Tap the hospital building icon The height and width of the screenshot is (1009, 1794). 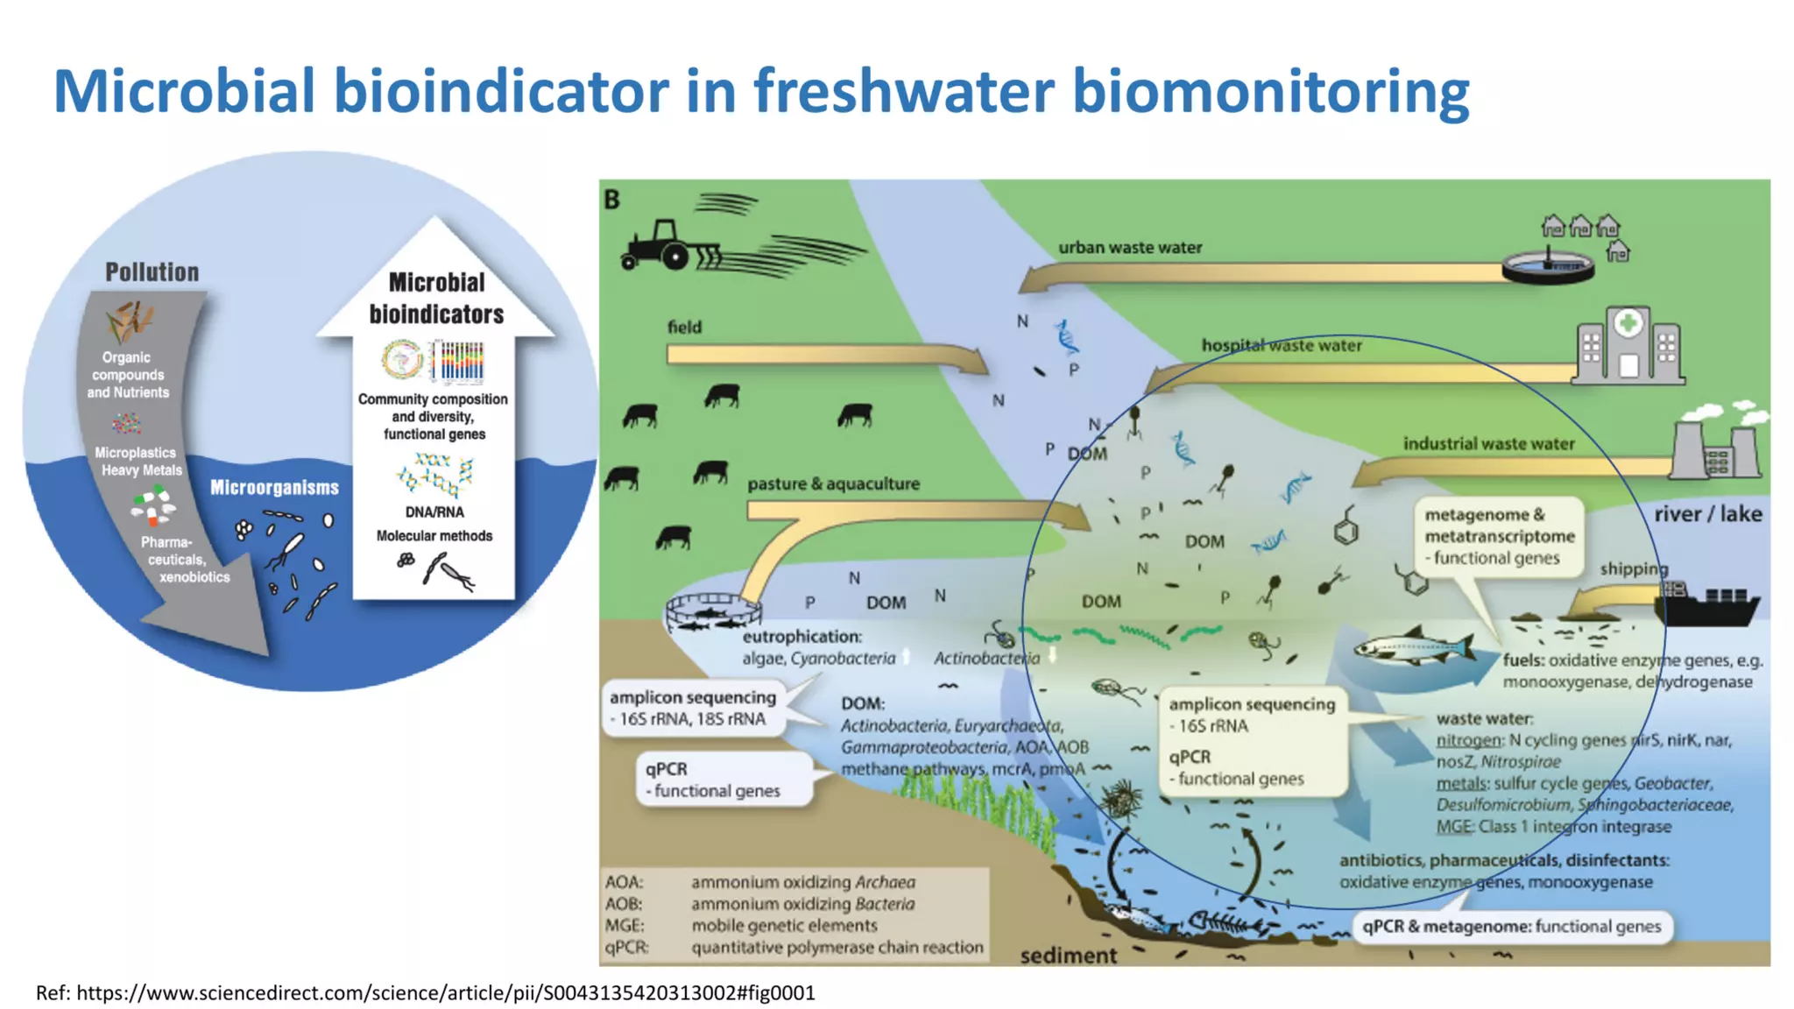pos(1628,347)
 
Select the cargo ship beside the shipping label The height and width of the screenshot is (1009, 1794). pos(1708,604)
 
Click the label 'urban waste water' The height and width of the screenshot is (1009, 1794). pos(1129,248)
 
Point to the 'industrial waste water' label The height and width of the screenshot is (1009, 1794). pos(1488,444)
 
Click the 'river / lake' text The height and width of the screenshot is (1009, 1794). pos(1707,514)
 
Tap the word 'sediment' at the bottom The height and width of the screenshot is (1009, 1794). pos(1068,956)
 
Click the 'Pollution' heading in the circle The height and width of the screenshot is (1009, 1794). pos(152,272)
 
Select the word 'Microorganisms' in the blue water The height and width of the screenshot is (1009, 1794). pos(274,488)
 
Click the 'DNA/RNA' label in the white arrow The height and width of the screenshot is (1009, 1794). pos(434,512)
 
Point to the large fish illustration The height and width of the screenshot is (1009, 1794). pos(1410,649)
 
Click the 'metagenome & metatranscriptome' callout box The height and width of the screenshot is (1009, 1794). pos(1499,536)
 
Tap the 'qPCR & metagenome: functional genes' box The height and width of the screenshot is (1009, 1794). pos(1511,927)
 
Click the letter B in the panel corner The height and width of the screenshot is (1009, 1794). pos(611,201)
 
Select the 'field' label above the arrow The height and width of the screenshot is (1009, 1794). pos(684,328)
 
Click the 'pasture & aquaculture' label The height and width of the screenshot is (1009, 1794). pos(833,484)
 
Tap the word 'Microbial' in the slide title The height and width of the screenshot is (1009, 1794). pos(184,91)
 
